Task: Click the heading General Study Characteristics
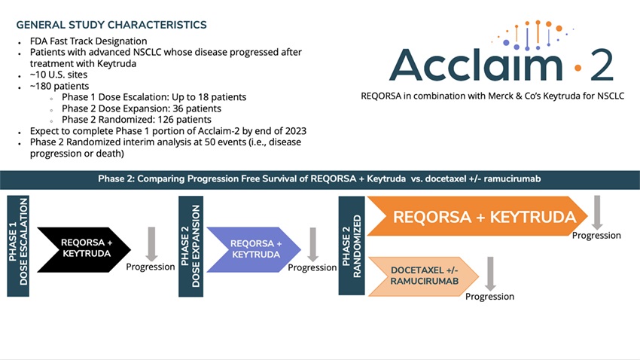111,25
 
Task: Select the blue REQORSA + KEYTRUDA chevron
254,249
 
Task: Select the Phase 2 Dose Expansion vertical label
190,244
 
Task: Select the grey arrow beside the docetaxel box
489,273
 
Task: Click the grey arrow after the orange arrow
597,212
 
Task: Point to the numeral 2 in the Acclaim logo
601,65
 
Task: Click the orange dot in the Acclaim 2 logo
578,68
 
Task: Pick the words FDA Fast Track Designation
88,41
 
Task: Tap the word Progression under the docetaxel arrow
490,296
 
